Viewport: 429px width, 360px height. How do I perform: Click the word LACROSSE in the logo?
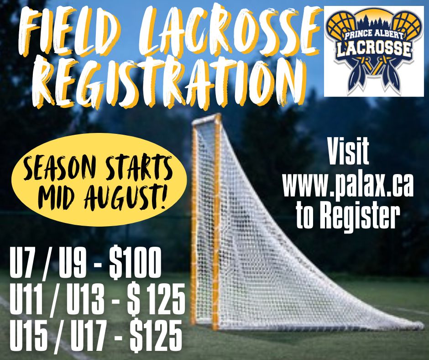pyautogui.click(x=375, y=49)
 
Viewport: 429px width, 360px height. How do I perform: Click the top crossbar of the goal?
pyautogui.click(x=207, y=120)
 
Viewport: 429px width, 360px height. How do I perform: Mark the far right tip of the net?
pyautogui.click(x=423, y=326)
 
